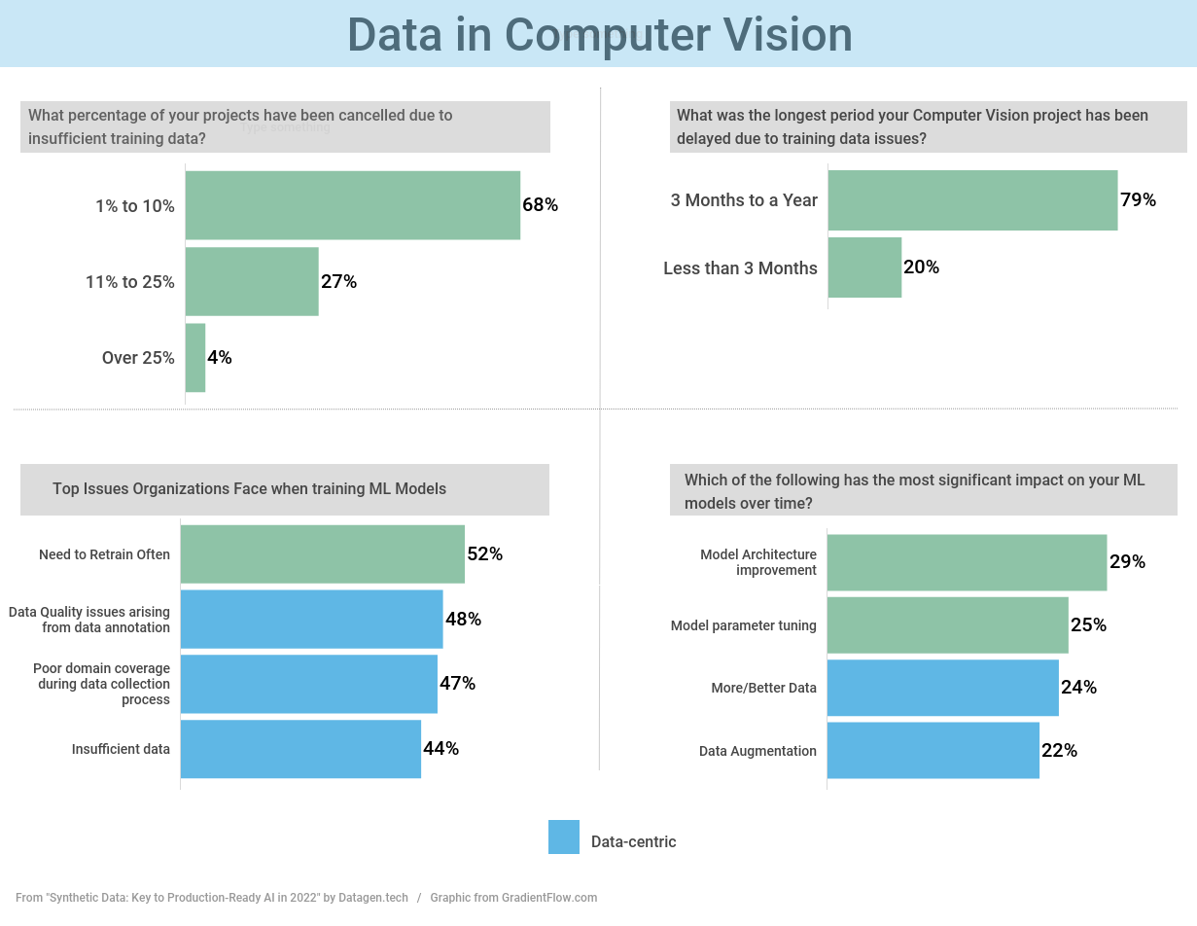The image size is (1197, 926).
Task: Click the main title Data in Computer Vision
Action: coord(599,35)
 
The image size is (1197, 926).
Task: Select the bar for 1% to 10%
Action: coord(352,205)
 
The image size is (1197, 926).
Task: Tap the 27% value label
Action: coord(339,282)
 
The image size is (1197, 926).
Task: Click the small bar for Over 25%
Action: coord(195,358)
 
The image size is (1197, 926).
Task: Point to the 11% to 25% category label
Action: coord(130,282)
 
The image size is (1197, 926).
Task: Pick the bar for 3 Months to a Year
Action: coord(972,200)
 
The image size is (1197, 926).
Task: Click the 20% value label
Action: coord(921,267)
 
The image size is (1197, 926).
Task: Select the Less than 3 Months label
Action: coord(740,268)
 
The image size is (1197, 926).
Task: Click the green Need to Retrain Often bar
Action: coord(322,554)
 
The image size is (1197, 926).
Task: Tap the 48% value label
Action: coord(463,620)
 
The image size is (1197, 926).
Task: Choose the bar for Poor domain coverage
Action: coord(308,684)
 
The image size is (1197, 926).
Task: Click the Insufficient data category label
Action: coord(121,749)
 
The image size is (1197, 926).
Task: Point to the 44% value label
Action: coord(440,749)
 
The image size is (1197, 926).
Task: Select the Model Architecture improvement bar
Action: coord(967,562)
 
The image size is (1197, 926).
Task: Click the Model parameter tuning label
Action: coord(743,625)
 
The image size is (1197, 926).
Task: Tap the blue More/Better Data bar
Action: coord(942,688)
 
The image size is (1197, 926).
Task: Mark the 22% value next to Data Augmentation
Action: coord(1059,751)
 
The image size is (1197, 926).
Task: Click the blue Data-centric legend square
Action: coord(564,837)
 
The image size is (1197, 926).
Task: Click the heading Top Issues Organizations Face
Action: coord(249,489)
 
